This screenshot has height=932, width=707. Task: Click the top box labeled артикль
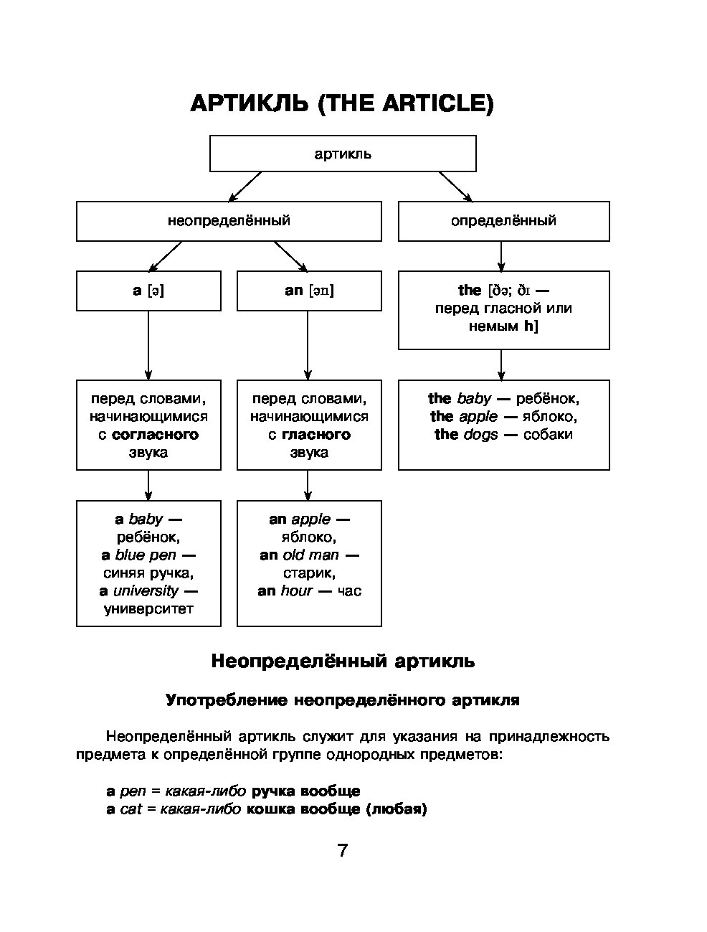[x=343, y=154]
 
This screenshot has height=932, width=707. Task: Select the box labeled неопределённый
[x=229, y=221]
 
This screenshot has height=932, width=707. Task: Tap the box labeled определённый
[x=504, y=221]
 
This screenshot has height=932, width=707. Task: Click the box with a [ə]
[x=148, y=291]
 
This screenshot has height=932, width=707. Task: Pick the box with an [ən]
[x=309, y=291]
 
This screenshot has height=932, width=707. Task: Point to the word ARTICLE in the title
[x=438, y=103]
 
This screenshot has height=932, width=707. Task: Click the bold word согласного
[x=155, y=434]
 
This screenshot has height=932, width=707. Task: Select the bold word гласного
[x=316, y=434]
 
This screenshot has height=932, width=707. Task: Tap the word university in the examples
[x=146, y=590]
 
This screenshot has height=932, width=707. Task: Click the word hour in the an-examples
[x=296, y=590]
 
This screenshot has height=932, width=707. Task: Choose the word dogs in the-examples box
[x=480, y=435]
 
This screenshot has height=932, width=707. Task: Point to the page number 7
[x=343, y=850]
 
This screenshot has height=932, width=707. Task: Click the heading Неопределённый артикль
[x=343, y=661]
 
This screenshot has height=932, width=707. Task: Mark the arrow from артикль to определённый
[x=455, y=187]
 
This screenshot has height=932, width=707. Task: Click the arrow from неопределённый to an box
[x=290, y=256]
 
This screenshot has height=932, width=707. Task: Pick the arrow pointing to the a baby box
[x=148, y=485]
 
